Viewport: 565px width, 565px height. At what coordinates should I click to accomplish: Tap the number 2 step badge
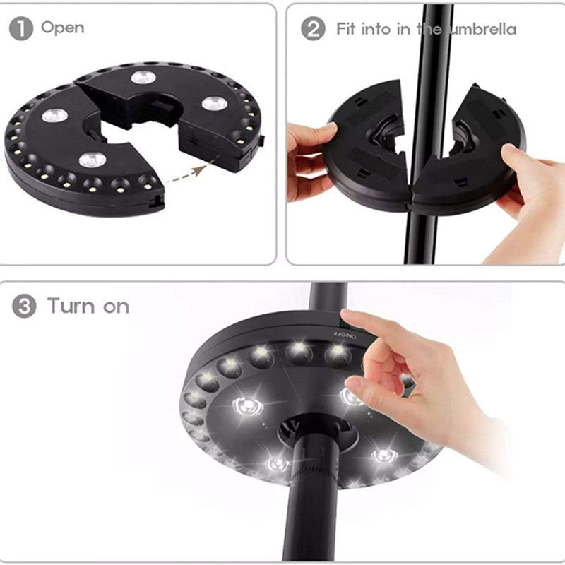[x=313, y=29]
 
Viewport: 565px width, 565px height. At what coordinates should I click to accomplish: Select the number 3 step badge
[x=23, y=307]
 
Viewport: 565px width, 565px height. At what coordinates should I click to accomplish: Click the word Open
[x=62, y=28]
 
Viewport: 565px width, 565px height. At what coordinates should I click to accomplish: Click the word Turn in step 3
[x=71, y=306]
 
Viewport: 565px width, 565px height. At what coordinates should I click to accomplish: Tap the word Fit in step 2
[x=345, y=29]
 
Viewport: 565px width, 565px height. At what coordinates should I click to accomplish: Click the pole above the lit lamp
[x=328, y=297]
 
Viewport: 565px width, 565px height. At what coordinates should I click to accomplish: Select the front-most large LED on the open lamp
[x=92, y=159]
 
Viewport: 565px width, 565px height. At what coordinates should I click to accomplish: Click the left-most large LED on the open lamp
[x=54, y=115]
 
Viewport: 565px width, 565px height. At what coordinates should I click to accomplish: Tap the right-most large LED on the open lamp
[x=214, y=104]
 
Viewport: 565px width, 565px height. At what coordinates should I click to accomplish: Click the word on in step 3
[x=116, y=307]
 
